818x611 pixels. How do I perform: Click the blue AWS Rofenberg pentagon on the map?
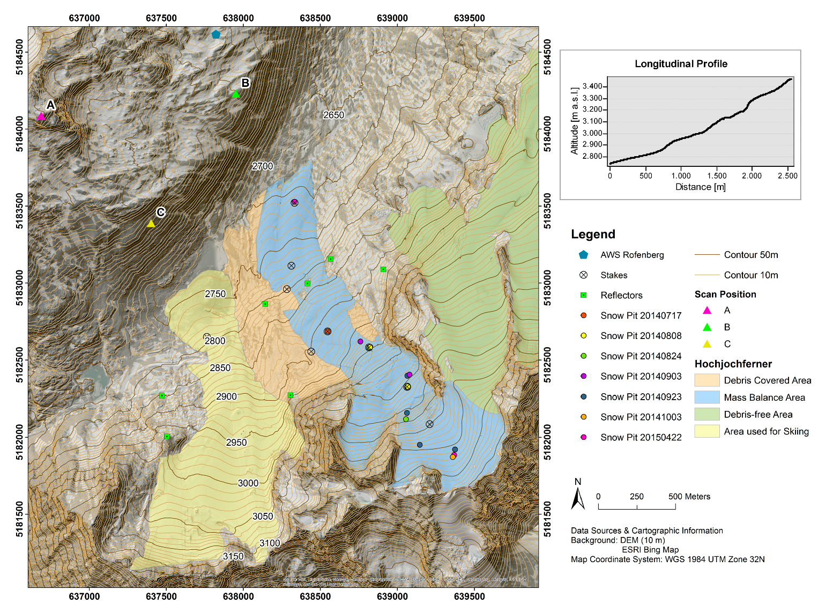click(215, 34)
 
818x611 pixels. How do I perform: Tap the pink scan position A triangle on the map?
click(41, 116)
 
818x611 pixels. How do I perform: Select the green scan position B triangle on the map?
click(235, 94)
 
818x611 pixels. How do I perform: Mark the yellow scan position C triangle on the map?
click(151, 224)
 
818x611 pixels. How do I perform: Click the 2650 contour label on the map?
click(333, 115)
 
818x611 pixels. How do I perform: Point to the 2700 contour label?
click(263, 166)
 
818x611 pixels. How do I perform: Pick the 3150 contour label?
click(233, 556)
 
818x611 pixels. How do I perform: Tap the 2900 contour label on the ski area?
click(226, 396)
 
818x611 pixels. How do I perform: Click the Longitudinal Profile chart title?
click(681, 64)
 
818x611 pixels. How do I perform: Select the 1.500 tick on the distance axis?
click(716, 176)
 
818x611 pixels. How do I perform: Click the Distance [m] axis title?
click(700, 187)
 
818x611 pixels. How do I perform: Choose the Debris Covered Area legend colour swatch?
click(707, 380)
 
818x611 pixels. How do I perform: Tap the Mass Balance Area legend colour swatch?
click(707, 397)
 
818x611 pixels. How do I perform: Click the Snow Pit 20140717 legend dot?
click(584, 315)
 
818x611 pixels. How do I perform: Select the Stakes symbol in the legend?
click(584, 275)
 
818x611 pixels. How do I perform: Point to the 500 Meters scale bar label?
click(689, 497)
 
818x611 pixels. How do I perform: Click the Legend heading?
click(593, 234)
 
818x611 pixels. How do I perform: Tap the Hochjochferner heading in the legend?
click(733, 364)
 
